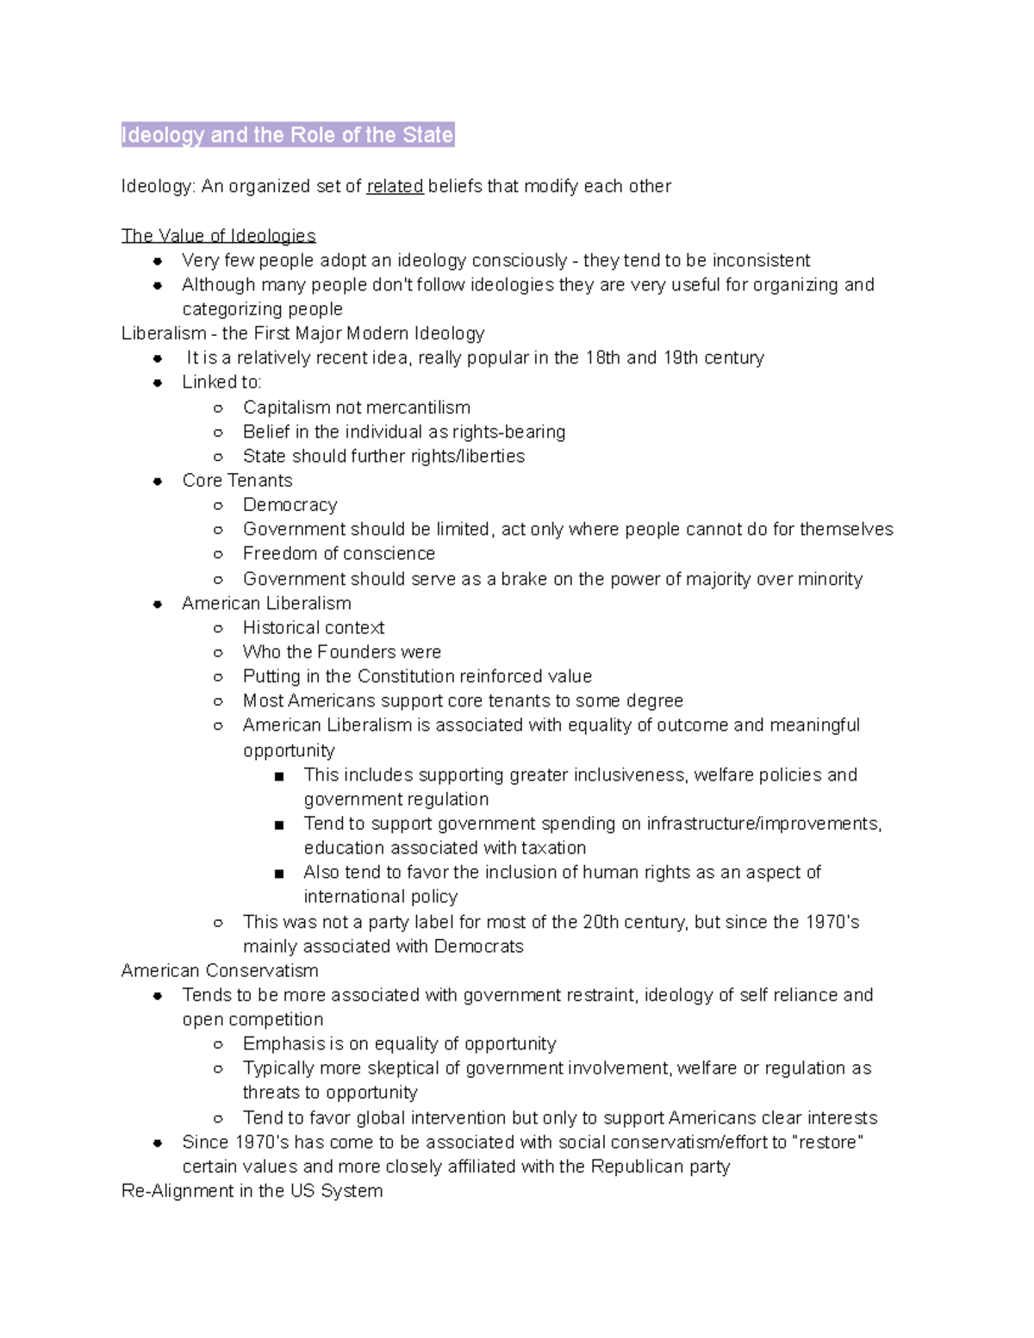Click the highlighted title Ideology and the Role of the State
point(287,135)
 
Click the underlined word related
point(395,186)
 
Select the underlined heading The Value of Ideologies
point(218,235)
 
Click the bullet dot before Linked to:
point(158,383)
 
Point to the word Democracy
point(290,505)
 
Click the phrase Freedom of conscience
point(339,553)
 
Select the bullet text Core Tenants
point(237,481)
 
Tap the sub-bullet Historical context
point(314,627)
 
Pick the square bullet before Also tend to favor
point(278,874)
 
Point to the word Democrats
point(478,946)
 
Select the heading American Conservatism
point(220,971)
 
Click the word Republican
point(634,1167)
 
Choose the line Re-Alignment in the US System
point(252,1191)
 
